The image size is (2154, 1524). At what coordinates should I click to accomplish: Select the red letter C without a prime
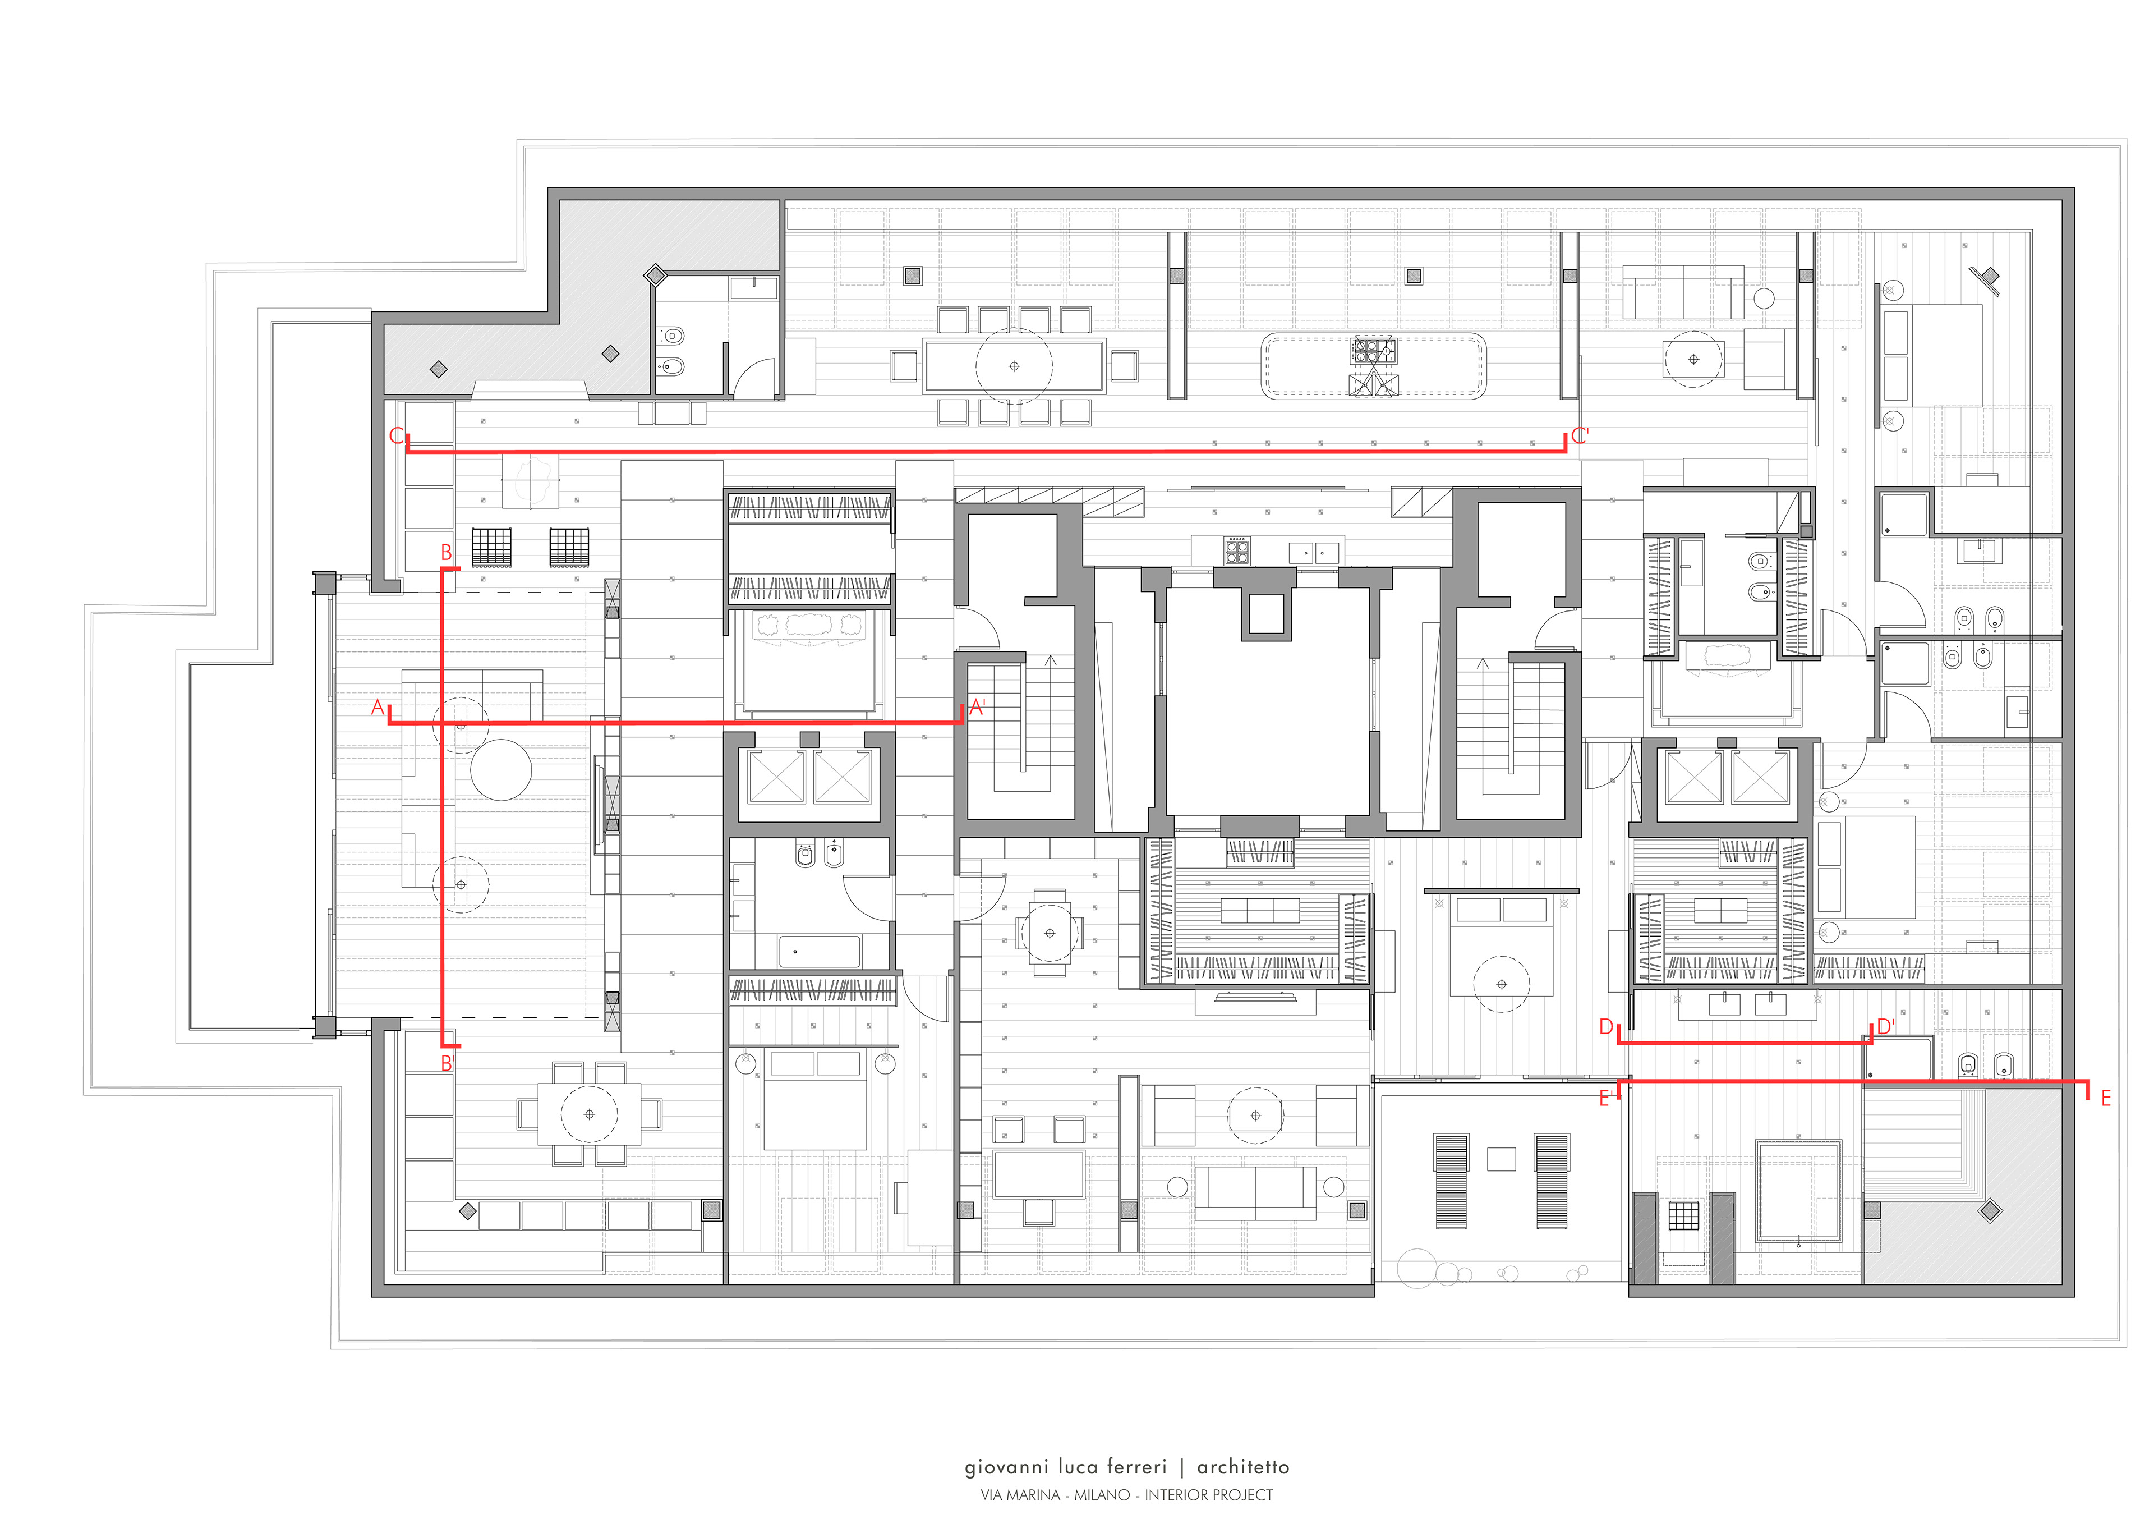(x=397, y=437)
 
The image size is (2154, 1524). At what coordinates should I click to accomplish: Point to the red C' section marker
(x=1580, y=435)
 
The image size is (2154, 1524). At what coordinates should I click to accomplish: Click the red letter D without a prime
(x=1606, y=1027)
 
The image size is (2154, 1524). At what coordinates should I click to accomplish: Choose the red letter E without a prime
(x=2106, y=1098)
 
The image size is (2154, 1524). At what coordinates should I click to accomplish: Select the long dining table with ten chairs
(x=1013, y=365)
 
